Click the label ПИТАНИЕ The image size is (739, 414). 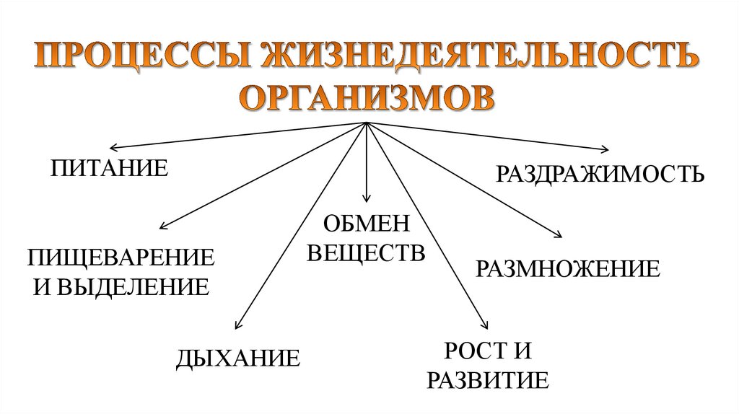[x=109, y=170]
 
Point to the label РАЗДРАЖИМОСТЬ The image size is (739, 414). [x=599, y=174]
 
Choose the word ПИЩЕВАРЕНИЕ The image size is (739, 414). [x=121, y=257]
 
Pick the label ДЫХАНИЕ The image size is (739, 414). [x=238, y=358]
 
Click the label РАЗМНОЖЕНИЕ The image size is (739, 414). [x=567, y=269]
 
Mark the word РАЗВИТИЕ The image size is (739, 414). [x=488, y=379]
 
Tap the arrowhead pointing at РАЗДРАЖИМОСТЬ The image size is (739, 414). [x=605, y=149]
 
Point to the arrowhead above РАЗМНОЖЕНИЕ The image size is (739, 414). [x=557, y=235]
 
